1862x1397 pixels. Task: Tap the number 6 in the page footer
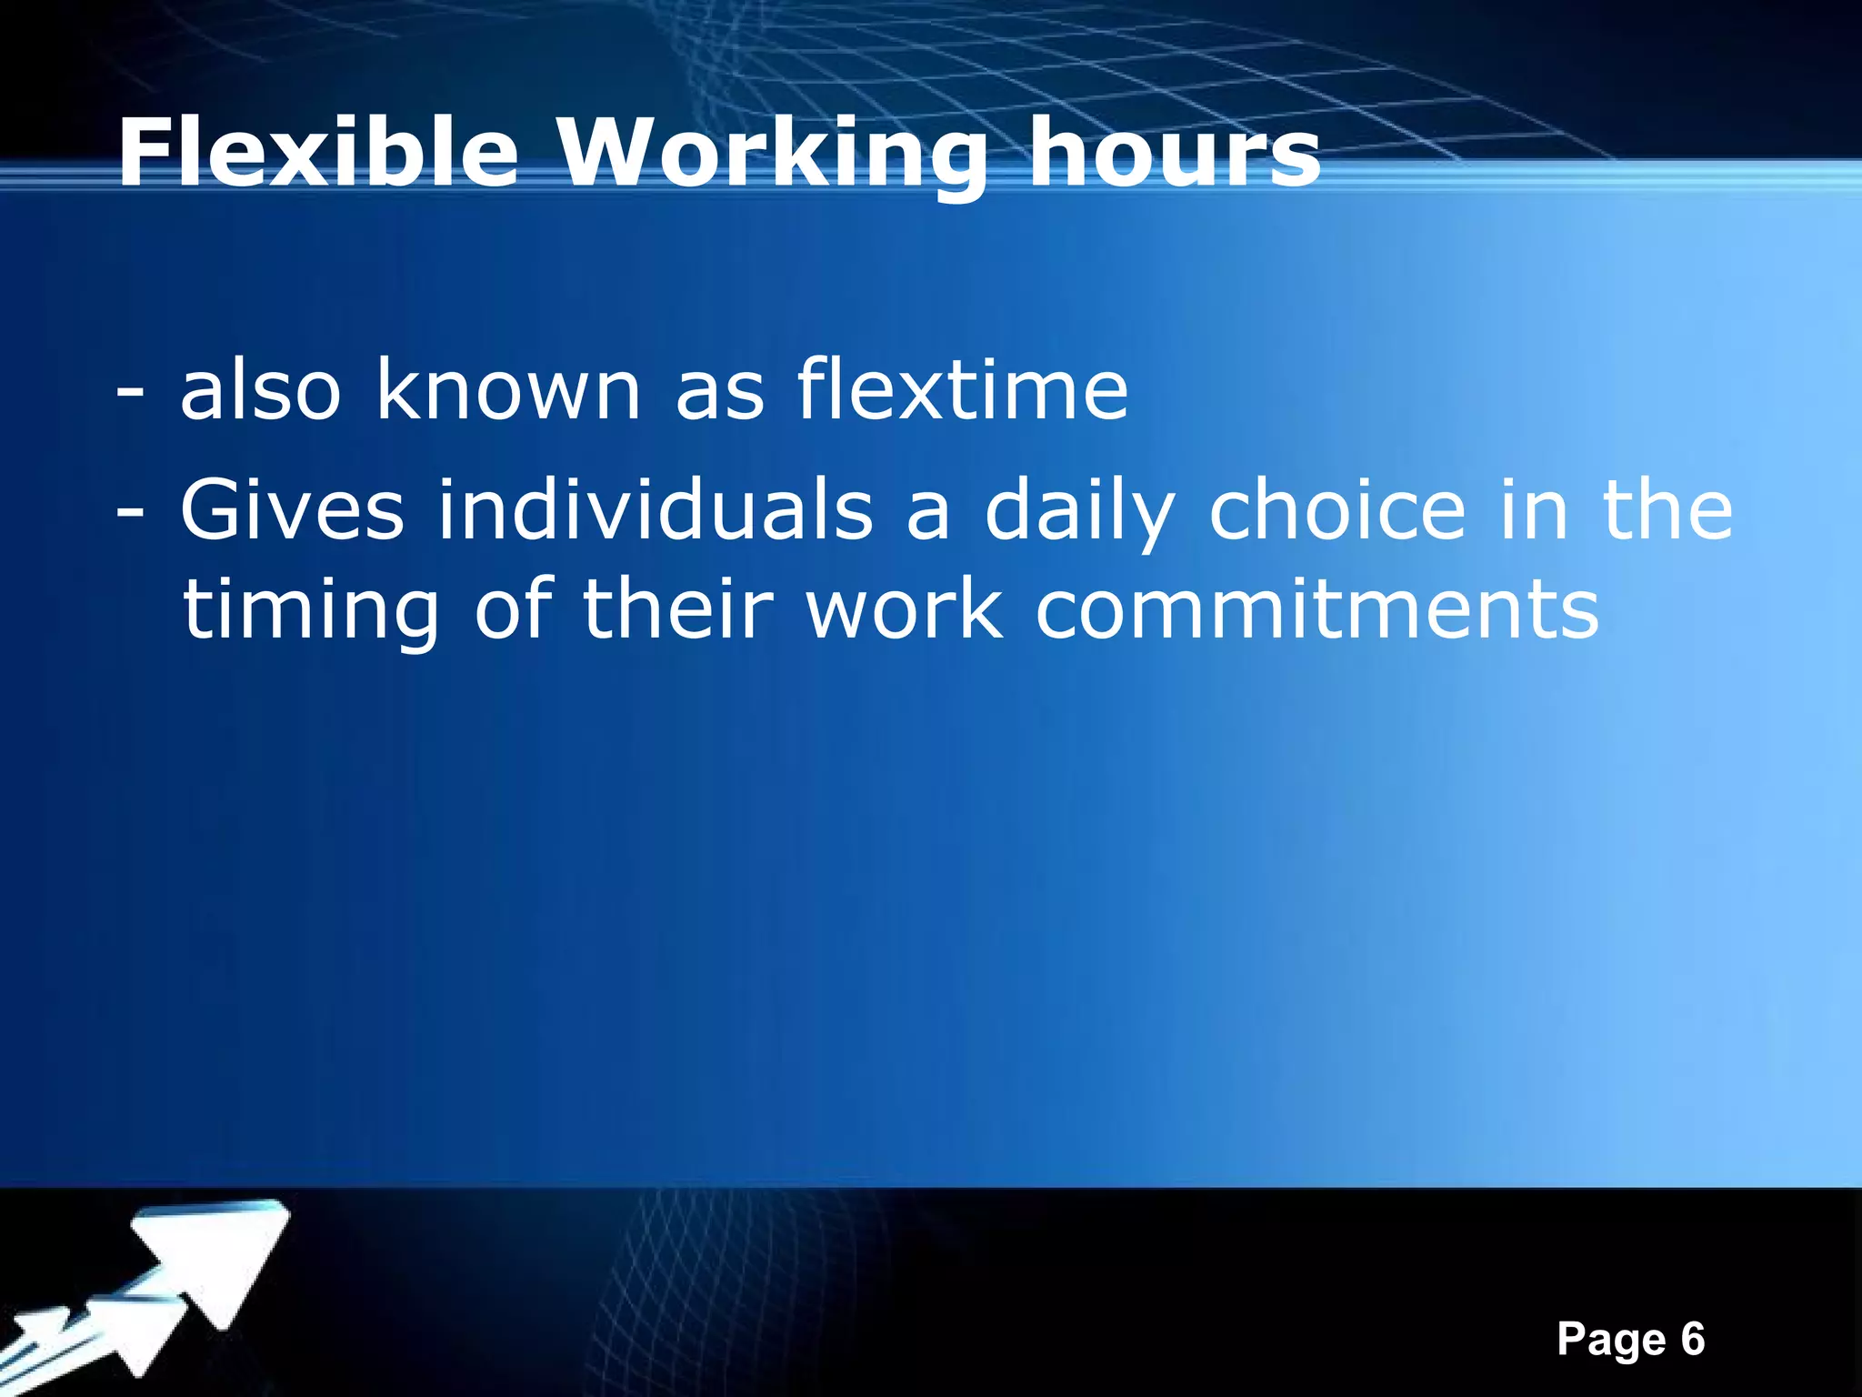[x=1692, y=1340]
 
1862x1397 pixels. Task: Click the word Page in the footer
[x=1611, y=1340]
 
